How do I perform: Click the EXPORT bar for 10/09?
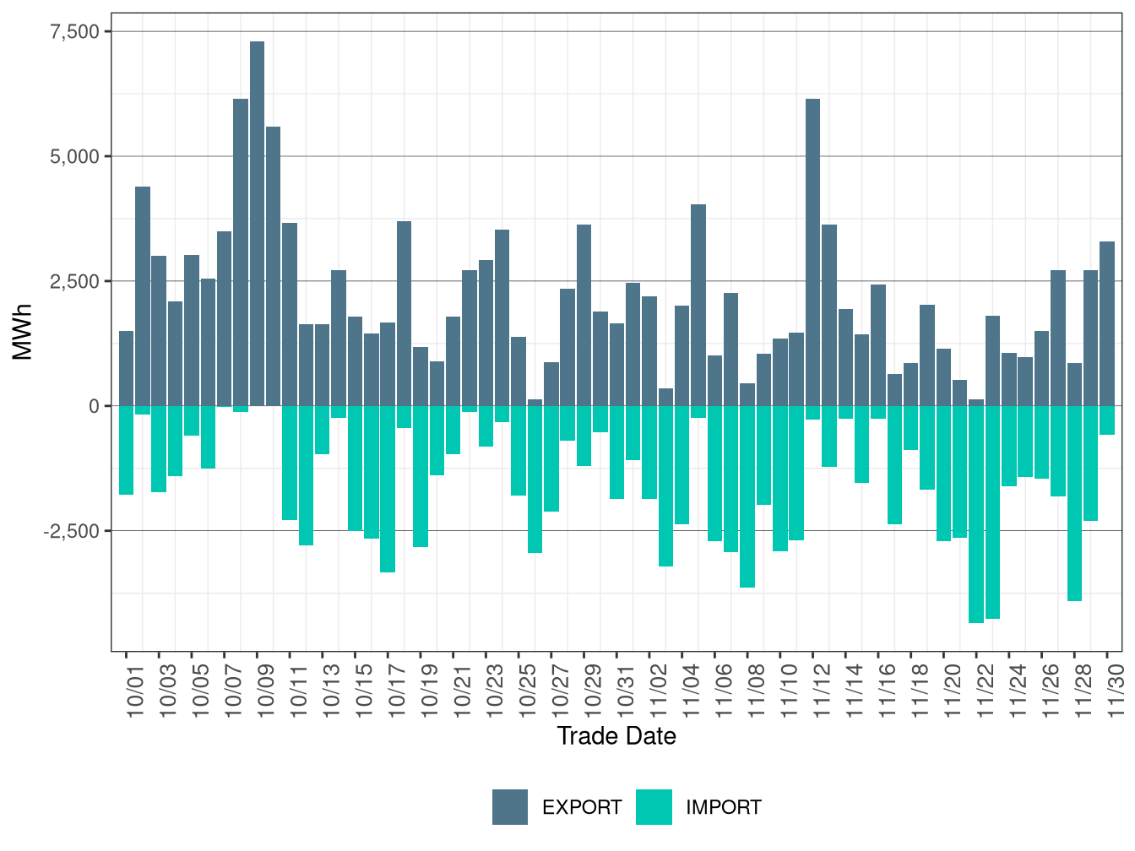point(257,224)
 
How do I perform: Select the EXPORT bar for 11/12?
point(812,252)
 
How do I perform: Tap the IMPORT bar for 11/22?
point(976,514)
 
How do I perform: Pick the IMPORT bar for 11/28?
point(1074,503)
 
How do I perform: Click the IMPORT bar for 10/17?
point(388,489)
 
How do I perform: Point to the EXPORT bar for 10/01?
point(126,368)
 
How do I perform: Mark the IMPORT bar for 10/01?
point(126,450)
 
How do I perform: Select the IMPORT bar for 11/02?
point(665,486)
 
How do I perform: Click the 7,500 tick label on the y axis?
point(75,31)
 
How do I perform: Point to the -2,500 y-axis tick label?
point(73,531)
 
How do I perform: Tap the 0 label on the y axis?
point(94,406)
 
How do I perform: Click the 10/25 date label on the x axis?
point(528,689)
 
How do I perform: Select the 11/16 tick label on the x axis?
point(888,689)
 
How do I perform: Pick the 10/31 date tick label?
point(626,689)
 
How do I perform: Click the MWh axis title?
point(23,333)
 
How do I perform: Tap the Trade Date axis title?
point(616,736)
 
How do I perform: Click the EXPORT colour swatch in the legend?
point(510,807)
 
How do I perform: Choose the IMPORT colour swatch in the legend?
point(654,807)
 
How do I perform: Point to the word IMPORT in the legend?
point(723,808)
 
